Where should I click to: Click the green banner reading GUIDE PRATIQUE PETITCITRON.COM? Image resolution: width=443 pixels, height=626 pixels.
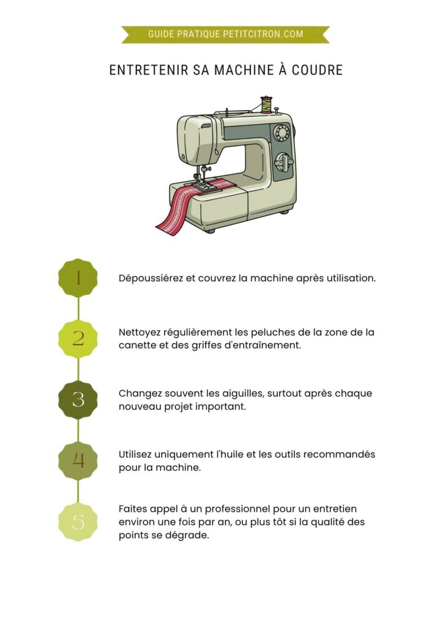pyautogui.click(x=225, y=34)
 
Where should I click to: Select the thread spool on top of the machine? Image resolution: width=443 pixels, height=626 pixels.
pyautogui.click(x=266, y=105)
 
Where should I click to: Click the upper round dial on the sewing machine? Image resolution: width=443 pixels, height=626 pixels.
pyautogui.click(x=281, y=133)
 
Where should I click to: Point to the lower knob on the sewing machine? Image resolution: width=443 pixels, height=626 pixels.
pyautogui.click(x=283, y=162)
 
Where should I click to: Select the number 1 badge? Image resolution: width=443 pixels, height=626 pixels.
pyautogui.click(x=78, y=278)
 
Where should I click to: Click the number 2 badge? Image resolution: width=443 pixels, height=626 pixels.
pyautogui.click(x=78, y=339)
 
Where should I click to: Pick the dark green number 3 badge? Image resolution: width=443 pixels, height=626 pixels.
pyautogui.click(x=78, y=399)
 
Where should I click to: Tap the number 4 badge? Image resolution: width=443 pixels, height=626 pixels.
pyautogui.click(x=78, y=460)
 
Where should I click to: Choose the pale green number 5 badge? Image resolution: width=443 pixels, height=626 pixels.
pyautogui.click(x=78, y=521)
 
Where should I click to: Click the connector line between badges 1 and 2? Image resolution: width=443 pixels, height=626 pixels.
pyautogui.click(x=78, y=308)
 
